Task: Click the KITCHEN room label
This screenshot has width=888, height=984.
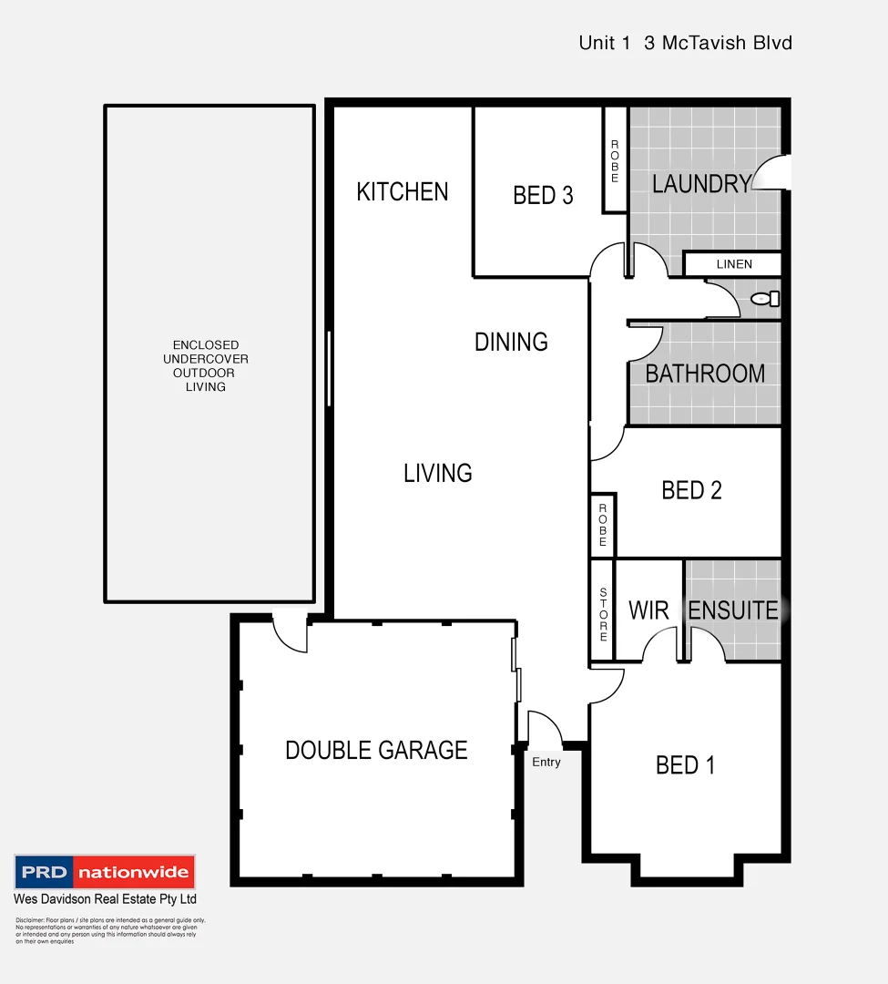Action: point(402,192)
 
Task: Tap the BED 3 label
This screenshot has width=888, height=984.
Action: point(543,195)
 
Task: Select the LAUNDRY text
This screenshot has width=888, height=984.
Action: point(700,184)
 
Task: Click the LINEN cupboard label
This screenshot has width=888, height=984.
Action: point(734,264)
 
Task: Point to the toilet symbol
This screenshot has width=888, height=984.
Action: point(766,298)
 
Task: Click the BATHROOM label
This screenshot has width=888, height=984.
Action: point(705,374)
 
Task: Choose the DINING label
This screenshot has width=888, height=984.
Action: point(511,343)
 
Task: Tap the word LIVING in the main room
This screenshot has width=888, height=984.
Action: point(438,473)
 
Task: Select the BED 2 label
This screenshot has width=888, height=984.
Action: point(691,490)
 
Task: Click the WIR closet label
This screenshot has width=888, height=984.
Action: point(648,610)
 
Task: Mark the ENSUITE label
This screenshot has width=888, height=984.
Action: point(732,610)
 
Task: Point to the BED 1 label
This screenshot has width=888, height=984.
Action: point(685,765)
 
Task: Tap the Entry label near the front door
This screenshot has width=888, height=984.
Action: point(546,763)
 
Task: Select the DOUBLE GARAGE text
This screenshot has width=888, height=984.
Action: point(376,750)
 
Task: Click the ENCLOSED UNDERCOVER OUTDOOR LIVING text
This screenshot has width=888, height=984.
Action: point(206,365)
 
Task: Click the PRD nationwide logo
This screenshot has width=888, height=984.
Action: point(105,872)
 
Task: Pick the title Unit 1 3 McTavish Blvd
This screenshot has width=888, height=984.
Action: point(685,43)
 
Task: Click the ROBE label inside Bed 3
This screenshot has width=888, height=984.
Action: point(615,161)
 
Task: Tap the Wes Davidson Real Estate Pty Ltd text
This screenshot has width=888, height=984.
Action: point(105,899)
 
